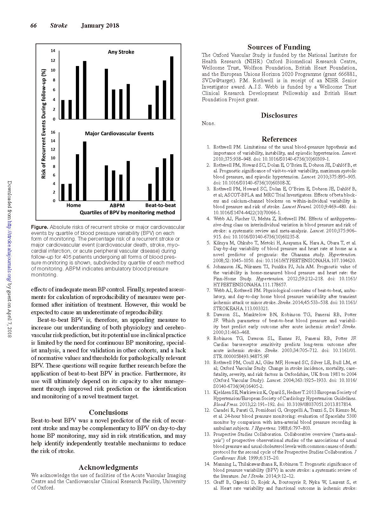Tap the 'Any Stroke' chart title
tap(121, 52)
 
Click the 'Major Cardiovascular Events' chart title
tap(119, 134)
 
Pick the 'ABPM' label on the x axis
tap(117, 205)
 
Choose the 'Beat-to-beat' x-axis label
tap(160, 205)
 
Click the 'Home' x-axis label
tap(74, 205)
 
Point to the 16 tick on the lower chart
tap(53, 132)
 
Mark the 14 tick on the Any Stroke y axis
tap(53, 51)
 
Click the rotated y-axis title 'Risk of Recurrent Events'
tap(44, 124)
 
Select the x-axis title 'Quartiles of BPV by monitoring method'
tap(127, 213)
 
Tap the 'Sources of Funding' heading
tap(279, 47)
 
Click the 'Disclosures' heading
tap(279, 116)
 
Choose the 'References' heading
tap(279, 139)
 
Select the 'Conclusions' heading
tap(108, 412)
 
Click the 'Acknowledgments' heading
tap(108, 467)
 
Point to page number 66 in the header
tap(34, 26)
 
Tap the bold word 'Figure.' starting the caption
tap(40, 227)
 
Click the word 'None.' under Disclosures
tap(209, 123)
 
